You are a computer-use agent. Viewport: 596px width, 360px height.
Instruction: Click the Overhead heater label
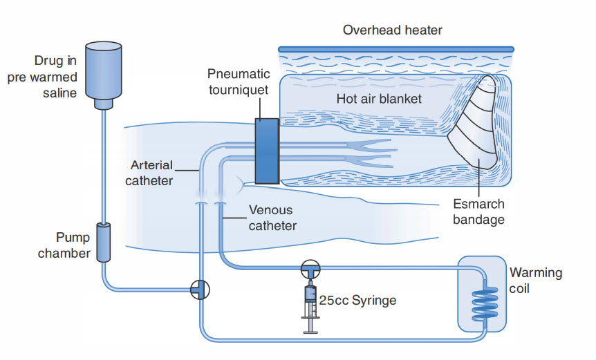tap(393, 30)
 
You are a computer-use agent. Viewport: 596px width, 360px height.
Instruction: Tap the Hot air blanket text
tap(379, 99)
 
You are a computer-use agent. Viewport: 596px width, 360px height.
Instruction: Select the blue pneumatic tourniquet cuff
tap(266, 151)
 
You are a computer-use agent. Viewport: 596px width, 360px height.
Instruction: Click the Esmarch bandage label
tap(478, 212)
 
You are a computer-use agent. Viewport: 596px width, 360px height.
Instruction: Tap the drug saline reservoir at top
tap(103, 72)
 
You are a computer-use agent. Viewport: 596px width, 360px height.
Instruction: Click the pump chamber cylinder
tap(103, 243)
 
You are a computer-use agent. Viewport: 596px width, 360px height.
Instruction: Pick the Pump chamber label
tap(64, 245)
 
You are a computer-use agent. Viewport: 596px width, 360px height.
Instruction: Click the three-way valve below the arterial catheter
tap(200, 290)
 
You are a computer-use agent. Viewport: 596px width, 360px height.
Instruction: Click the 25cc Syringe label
tap(357, 301)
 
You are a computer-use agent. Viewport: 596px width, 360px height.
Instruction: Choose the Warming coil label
tap(535, 280)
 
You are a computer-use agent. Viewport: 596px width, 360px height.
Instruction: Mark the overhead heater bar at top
tap(396, 48)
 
